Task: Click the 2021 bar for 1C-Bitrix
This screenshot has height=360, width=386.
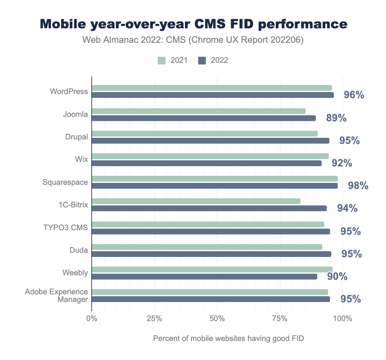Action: (x=196, y=201)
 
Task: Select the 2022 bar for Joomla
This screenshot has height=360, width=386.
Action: (x=204, y=118)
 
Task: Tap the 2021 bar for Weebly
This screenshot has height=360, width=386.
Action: (x=212, y=270)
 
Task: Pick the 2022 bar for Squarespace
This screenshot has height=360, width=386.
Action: (x=215, y=186)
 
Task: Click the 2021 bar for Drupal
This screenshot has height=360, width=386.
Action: (x=205, y=134)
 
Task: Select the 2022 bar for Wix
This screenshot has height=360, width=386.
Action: (x=207, y=163)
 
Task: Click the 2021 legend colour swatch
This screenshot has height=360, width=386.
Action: (x=161, y=60)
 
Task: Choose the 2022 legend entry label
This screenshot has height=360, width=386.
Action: (x=219, y=60)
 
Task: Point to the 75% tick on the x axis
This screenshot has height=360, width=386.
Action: (x=280, y=319)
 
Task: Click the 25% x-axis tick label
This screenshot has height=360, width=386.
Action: (x=154, y=319)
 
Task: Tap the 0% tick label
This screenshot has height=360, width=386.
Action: (x=92, y=319)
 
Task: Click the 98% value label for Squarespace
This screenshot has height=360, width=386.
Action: (x=358, y=185)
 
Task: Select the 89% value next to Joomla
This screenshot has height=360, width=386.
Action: (x=336, y=118)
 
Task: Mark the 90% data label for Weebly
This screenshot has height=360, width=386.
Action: (x=337, y=276)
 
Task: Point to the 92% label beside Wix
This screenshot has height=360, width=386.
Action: (x=342, y=163)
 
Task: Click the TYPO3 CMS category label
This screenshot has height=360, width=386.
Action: (x=66, y=228)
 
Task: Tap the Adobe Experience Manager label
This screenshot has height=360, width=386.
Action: (x=57, y=296)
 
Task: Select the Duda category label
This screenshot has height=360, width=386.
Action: (x=79, y=250)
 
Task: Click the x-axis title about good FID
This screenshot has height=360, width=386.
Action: (x=228, y=338)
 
